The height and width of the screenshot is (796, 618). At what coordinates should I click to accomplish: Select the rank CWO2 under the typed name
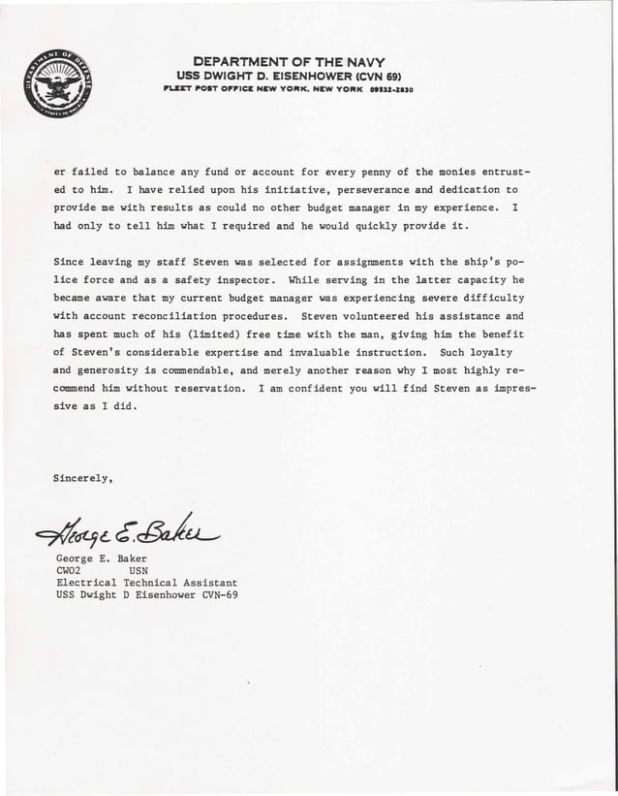pos(72,571)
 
